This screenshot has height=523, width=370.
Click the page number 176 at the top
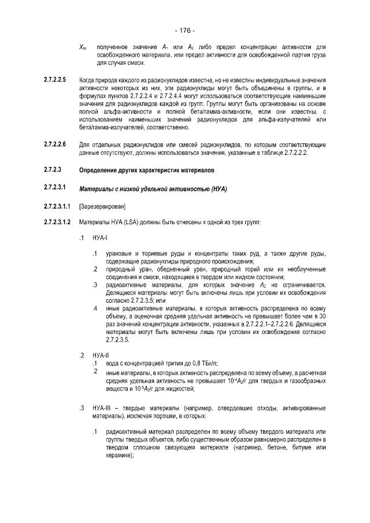[184, 30]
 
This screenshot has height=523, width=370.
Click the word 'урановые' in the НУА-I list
[120, 254]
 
